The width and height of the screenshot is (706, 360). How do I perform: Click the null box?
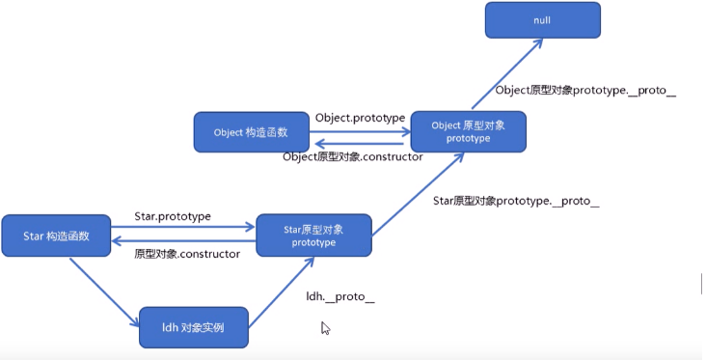point(542,21)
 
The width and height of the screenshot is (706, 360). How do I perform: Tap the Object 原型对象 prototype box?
point(468,131)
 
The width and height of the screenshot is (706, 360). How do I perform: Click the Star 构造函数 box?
point(57,235)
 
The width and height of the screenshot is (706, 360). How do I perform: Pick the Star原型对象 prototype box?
point(312,235)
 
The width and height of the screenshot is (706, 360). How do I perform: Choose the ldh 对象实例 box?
point(194,327)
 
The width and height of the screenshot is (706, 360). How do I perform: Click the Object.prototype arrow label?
point(360,118)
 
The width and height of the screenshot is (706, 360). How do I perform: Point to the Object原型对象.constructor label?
point(352,157)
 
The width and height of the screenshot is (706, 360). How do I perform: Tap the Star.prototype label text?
point(173,217)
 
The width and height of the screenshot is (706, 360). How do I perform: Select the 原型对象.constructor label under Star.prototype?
point(186,254)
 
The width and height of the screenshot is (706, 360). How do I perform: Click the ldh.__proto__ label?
point(339,296)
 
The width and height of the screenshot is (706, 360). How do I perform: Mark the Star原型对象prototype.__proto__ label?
point(516,202)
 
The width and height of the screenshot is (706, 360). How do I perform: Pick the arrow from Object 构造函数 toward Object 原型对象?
point(359,128)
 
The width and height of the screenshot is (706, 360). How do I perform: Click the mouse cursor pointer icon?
point(325,328)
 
